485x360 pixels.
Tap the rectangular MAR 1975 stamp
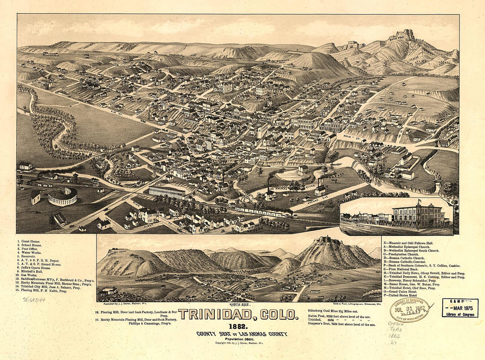(460, 308)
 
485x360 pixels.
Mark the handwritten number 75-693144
(34, 300)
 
